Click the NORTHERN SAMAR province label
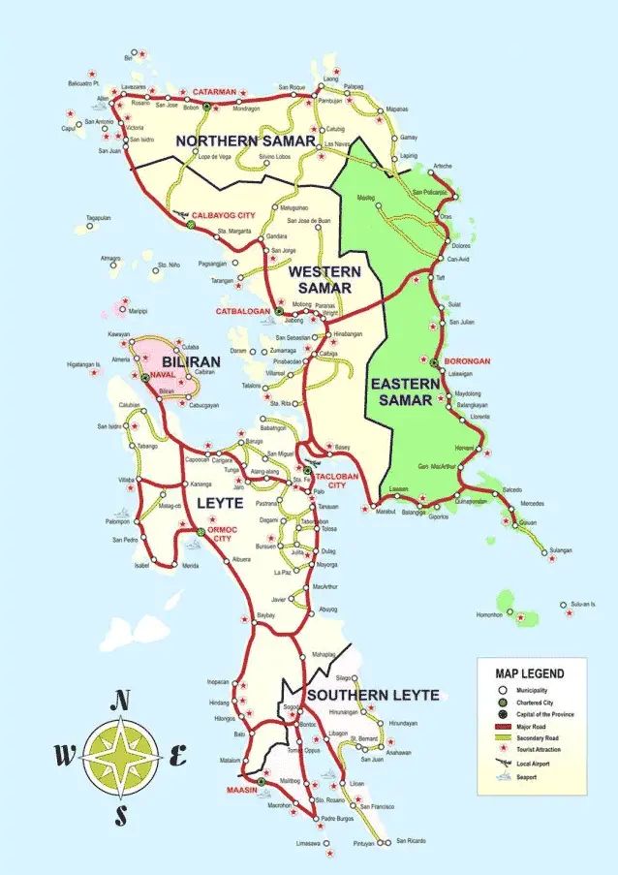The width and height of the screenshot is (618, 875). pyautogui.click(x=245, y=141)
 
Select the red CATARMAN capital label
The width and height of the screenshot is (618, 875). pyautogui.click(x=214, y=92)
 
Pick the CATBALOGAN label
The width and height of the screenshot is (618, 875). pyautogui.click(x=241, y=311)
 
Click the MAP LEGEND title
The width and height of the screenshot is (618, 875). pyautogui.click(x=529, y=673)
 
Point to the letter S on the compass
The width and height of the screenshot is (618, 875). pyautogui.click(x=121, y=815)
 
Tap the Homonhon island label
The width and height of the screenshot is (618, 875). pyautogui.click(x=481, y=614)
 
